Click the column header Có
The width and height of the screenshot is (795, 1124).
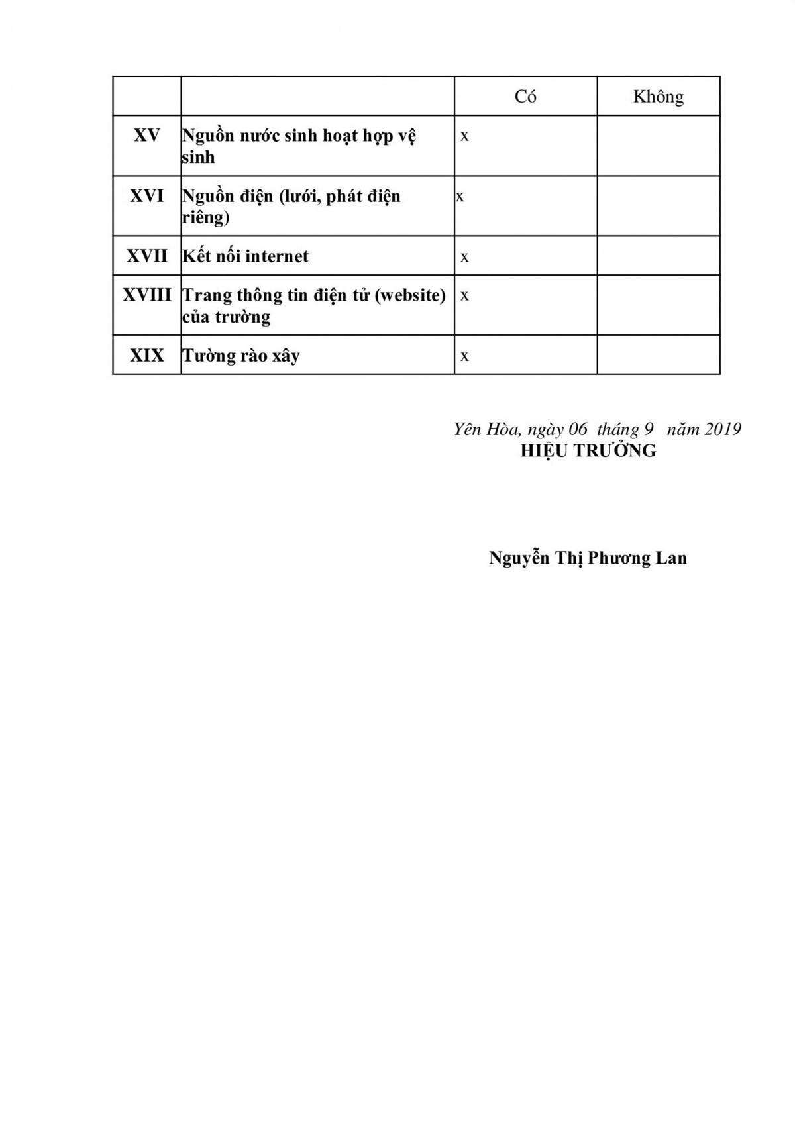pyautogui.click(x=525, y=97)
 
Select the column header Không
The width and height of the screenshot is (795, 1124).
pyautogui.click(x=658, y=97)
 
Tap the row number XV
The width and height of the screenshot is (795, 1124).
pyautogui.click(x=147, y=136)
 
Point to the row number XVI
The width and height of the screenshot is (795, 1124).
pyautogui.click(x=147, y=196)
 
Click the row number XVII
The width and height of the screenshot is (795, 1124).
pyautogui.click(x=147, y=256)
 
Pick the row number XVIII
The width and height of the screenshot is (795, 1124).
pyautogui.click(x=147, y=295)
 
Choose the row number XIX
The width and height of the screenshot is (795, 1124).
pyautogui.click(x=147, y=356)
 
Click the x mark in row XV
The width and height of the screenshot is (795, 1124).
pyautogui.click(x=464, y=136)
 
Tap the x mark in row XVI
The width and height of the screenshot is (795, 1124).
pyautogui.click(x=460, y=197)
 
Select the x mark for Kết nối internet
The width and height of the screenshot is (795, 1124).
pyautogui.click(x=464, y=258)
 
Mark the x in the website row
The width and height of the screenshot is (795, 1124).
pyautogui.click(x=464, y=296)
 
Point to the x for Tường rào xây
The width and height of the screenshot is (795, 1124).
pyautogui.click(x=464, y=357)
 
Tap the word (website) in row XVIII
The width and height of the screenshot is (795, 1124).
pyautogui.click(x=410, y=295)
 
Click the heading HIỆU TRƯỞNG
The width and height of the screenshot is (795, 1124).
pyautogui.click(x=588, y=451)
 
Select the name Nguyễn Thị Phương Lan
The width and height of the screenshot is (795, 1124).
pyautogui.click(x=588, y=558)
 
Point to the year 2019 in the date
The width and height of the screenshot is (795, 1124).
pyautogui.click(x=722, y=429)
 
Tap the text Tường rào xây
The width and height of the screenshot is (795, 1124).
pyautogui.click(x=241, y=356)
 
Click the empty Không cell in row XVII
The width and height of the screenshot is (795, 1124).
pyautogui.click(x=658, y=256)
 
